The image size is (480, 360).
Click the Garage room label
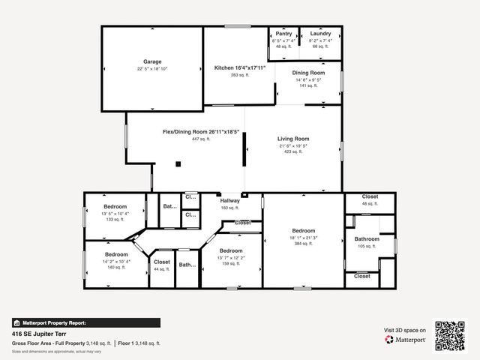tap(152, 61)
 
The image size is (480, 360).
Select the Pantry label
tap(283, 34)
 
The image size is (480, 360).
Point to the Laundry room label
tap(320, 34)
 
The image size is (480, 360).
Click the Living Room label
tap(293, 139)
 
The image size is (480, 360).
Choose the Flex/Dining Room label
tap(200, 132)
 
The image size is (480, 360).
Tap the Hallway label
tap(229, 201)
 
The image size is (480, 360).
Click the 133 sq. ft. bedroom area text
tap(115, 219)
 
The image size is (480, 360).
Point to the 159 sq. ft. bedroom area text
tap(230, 263)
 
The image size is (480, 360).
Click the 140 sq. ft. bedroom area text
tap(115, 267)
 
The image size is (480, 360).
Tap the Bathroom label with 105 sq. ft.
tap(367, 239)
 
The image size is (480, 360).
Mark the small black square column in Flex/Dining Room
tap(178, 163)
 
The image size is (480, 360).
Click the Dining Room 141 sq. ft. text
tap(308, 85)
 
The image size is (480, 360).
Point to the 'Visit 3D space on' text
tap(405, 329)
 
